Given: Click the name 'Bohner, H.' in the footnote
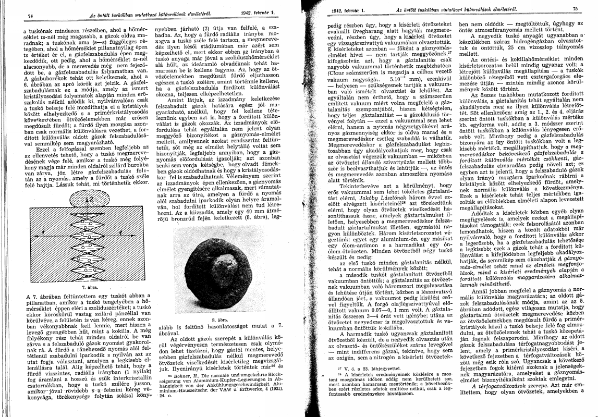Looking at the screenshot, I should [181, 375].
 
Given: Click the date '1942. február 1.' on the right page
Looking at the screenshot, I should [347, 10].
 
